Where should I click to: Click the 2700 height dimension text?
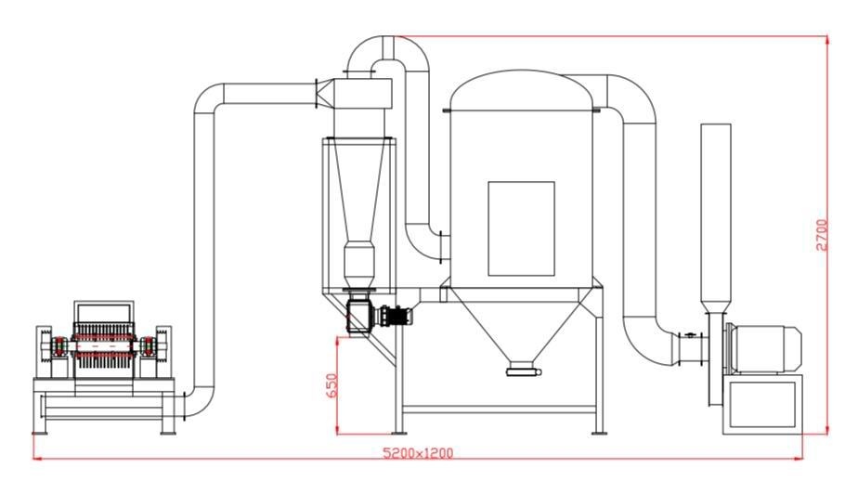822,235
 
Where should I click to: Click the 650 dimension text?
331,385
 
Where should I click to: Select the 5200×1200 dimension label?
418,453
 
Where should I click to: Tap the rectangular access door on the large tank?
521,228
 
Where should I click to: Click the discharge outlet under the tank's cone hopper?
523,370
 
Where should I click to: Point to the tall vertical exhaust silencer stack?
716,219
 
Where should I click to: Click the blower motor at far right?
762,349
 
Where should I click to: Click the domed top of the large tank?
521,90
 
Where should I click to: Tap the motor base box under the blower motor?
762,404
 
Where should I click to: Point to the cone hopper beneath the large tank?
521,324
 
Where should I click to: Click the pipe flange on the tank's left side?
441,247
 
